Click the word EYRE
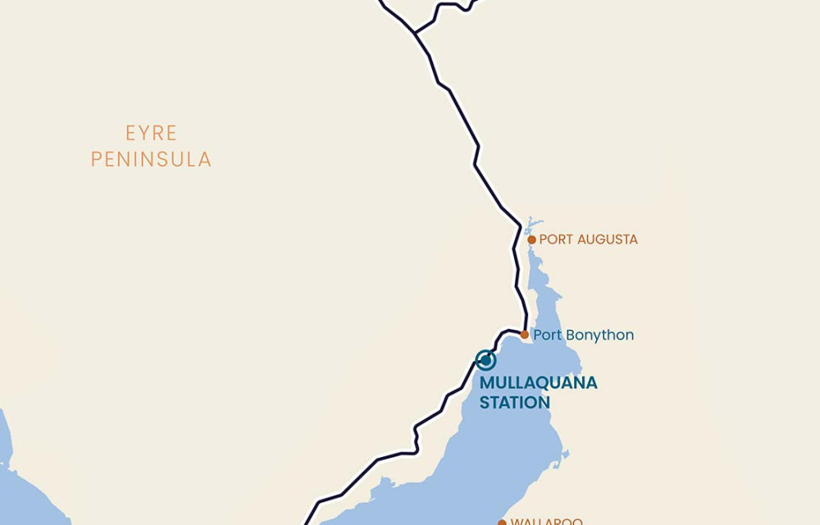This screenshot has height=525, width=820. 151,133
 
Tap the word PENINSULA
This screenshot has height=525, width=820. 151,159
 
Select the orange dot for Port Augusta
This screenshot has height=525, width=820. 531,240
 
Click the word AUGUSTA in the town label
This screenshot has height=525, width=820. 607,240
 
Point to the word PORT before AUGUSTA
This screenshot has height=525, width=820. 556,240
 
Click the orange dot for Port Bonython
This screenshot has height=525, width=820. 525,335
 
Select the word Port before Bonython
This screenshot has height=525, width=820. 547,336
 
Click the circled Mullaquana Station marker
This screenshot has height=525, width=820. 485,360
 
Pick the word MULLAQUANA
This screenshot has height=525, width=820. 538,383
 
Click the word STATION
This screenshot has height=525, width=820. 514,403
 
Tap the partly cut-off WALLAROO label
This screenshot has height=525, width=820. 546,521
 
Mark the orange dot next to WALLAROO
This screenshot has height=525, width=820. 502,522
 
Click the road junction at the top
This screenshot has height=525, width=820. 416,33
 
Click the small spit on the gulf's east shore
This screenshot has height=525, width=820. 565,453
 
